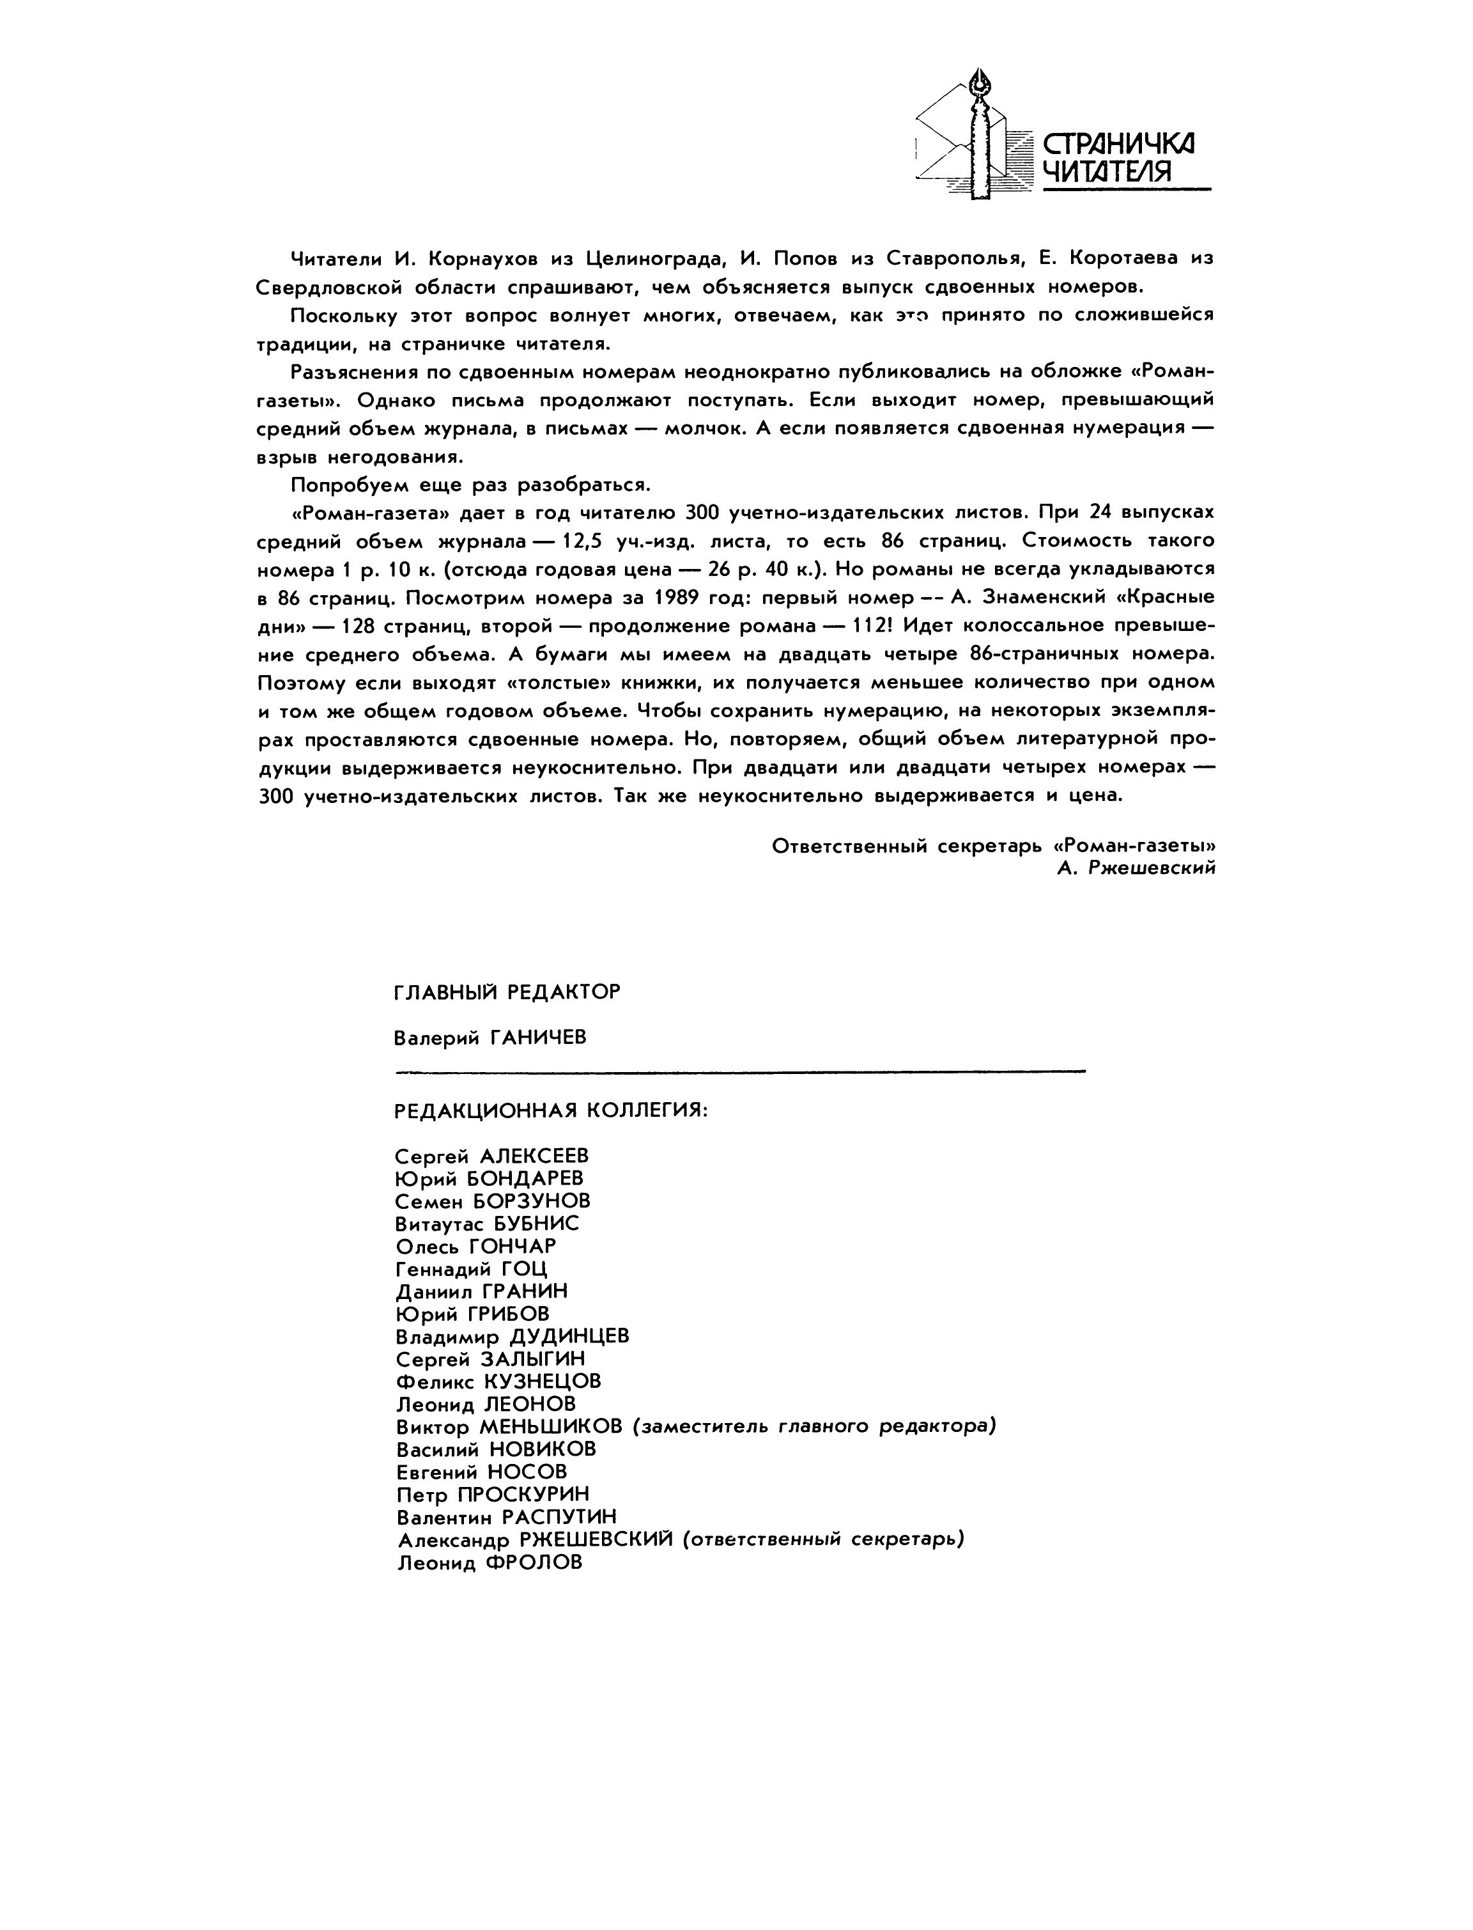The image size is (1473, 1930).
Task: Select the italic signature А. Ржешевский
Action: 1136,868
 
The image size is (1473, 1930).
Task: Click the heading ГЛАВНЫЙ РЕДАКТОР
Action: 507,992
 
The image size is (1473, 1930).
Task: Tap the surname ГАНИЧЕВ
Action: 537,1038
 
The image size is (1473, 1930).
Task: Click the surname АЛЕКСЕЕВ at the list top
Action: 534,1156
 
